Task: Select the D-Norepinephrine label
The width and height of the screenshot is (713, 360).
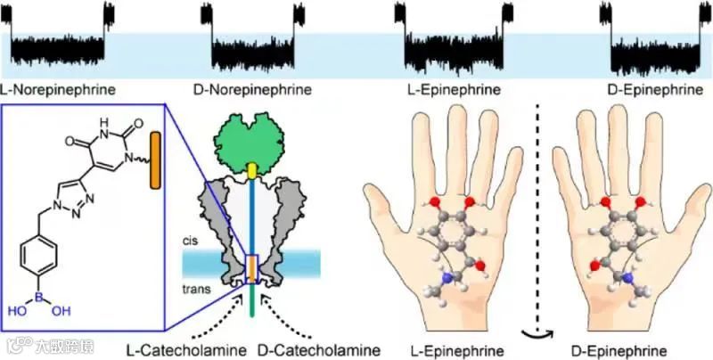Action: click(252, 90)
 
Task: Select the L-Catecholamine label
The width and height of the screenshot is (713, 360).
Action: click(184, 348)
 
